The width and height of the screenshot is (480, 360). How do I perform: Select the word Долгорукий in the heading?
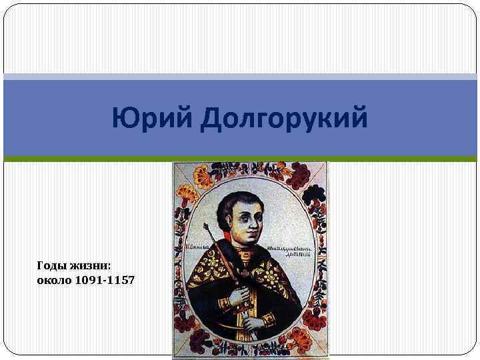(x=284, y=120)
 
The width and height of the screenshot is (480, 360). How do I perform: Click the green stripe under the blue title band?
(x=240, y=159)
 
